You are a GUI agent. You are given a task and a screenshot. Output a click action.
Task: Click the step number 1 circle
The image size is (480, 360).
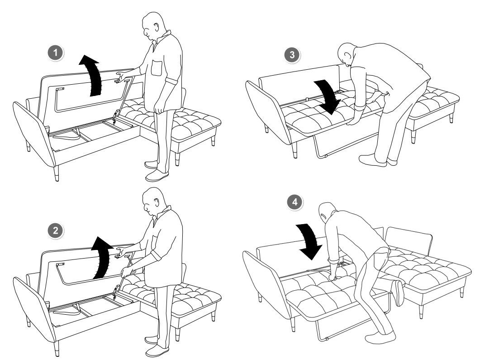(x=55, y=53)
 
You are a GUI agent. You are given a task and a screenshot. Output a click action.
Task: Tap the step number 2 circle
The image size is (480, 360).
(x=55, y=230)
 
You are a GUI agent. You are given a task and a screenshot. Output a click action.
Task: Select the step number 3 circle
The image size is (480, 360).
(x=292, y=55)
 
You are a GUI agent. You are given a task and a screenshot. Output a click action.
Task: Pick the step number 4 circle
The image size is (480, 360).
(x=295, y=202)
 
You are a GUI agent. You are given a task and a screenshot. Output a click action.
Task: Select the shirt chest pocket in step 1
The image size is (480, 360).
(x=157, y=68)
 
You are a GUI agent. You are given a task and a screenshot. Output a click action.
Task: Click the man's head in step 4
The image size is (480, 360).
(x=327, y=213)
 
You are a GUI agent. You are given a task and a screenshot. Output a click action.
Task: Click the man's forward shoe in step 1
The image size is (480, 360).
(x=157, y=176)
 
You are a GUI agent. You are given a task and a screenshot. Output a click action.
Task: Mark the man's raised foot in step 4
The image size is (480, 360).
(x=399, y=293)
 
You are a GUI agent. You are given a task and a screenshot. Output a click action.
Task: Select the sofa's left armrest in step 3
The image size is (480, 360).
(x=267, y=111)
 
